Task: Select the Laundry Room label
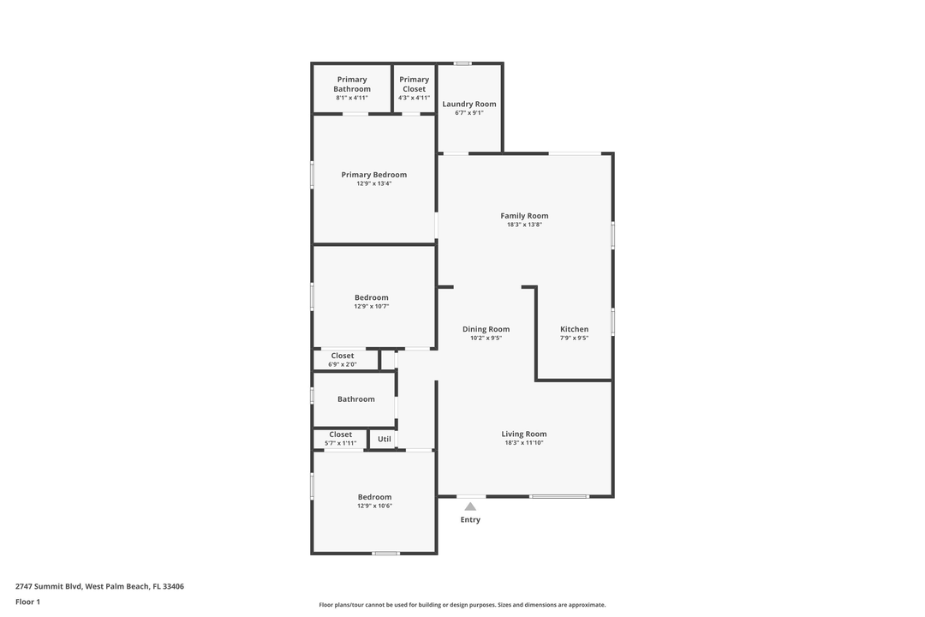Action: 468,105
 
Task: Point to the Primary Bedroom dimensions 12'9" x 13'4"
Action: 373,183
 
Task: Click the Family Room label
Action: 524,216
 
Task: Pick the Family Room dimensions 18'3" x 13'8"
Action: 524,225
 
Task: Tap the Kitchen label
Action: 574,329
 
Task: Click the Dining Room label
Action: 486,329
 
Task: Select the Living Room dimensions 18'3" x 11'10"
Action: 524,443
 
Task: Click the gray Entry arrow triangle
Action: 470,506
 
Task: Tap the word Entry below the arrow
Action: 470,520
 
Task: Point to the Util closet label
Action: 384,440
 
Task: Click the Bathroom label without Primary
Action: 355,399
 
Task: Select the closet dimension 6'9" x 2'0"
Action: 343,364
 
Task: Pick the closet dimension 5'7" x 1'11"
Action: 340,443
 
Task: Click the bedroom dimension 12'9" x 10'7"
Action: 372,306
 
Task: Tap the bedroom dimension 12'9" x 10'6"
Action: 374,506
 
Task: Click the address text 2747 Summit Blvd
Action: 49,587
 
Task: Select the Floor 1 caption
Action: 27,602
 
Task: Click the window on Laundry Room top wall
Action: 462,63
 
